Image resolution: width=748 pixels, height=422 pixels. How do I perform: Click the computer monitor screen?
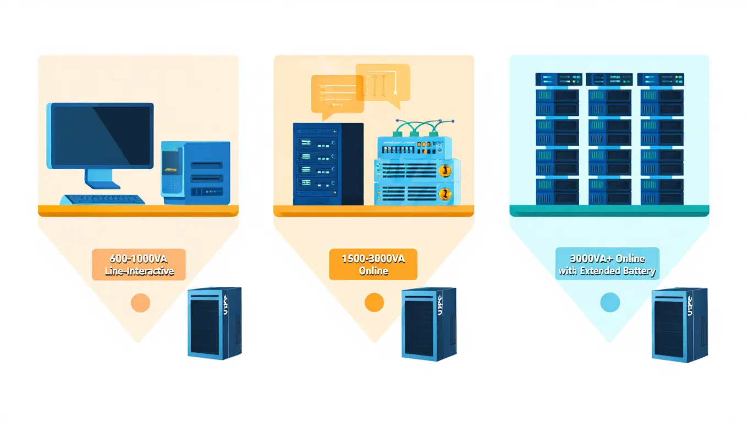[x=102, y=135]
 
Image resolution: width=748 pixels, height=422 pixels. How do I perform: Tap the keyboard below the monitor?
[x=102, y=199]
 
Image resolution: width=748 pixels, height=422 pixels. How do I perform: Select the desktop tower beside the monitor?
[x=195, y=173]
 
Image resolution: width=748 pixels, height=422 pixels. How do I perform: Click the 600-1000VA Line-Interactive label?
[x=139, y=264]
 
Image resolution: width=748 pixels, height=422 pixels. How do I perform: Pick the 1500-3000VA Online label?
[x=373, y=264]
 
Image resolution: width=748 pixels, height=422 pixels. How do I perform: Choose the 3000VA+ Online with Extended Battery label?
[x=607, y=264]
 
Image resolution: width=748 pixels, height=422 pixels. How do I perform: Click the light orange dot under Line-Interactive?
[x=140, y=302]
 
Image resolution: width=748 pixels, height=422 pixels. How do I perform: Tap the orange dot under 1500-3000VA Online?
[x=374, y=302]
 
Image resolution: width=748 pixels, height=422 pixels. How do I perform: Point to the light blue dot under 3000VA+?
[x=609, y=302]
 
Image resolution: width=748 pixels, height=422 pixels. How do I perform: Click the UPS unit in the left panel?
[x=214, y=323]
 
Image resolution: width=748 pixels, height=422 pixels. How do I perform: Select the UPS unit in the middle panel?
[x=428, y=324]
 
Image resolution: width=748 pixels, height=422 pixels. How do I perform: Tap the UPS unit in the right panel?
[x=679, y=324]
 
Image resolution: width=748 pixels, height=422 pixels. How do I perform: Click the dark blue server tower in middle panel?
[x=328, y=164]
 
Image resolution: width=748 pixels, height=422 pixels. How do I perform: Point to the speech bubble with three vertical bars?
[x=383, y=83]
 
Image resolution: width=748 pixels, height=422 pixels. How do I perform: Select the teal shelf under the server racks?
[x=609, y=210]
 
